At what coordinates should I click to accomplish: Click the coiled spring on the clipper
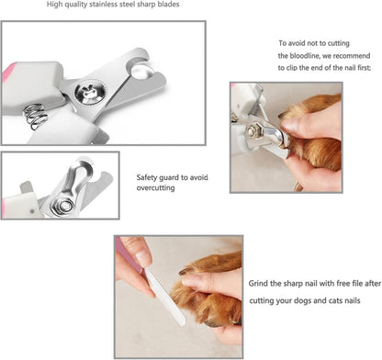click(36, 117)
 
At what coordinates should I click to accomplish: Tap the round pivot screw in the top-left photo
click(90, 93)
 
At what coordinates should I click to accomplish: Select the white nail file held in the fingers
click(165, 295)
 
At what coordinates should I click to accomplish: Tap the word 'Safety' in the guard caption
click(147, 177)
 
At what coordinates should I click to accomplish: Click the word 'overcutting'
click(155, 188)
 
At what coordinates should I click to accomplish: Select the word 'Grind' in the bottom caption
click(258, 284)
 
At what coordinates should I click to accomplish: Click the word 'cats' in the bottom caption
click(336, 300)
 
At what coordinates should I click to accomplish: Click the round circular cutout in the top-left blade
click(142, 72)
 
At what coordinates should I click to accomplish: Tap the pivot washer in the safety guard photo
click(64, 205)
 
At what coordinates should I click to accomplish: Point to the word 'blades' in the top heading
click(169, 5)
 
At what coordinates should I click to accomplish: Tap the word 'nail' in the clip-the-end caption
click(350, 68)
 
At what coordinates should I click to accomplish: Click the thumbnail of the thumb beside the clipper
click(290, 124)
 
